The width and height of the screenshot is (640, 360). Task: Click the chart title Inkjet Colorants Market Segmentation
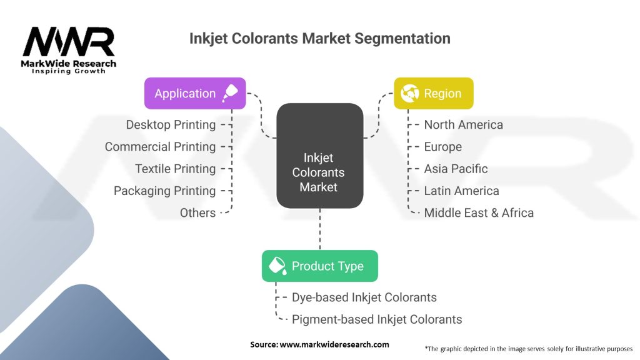pyautogui.click(x=319, y=38)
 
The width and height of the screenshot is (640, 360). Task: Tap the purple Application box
pyautogui.click(x=195, y=94)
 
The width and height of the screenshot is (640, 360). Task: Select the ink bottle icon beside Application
pyautogui.click(x=230, y=93)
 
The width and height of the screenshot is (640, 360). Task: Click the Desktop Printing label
pyautogui.click(x=171, y=125)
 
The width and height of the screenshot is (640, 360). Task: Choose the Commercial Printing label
pyautogui.click(x=160, y=147)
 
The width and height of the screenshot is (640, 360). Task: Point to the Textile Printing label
pyautogui.click(x=175, y=169)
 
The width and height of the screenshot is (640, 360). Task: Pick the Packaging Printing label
pyautogui.click(x=164, y=191)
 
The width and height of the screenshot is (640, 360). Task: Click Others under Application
pyautogui.click(x=197, y=212)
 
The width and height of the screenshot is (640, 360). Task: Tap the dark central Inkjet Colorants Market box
pyautogui.click(x=319, y=156)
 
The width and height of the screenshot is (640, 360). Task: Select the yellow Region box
pyautogui.click(x=433, y=94)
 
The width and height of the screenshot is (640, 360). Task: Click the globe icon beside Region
pyautogui.click(x=409, y=94)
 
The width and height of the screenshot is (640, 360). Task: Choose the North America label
pyautogui.click(x=463, y=125)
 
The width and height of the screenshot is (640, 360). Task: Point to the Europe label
pyautogui.click(x=442, y=147)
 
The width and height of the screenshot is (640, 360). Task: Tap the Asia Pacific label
pyautogui.click(x=456, y=169)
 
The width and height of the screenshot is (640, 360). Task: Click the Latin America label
pyautogui.click(x=461, y=191)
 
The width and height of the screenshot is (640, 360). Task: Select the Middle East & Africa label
pyautogui.click(x=479, y=212)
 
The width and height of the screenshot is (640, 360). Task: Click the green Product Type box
pyautogui.click(x=319, y=266)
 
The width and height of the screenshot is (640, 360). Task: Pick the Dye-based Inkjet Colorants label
pyautogui.click(x=364, y=297)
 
